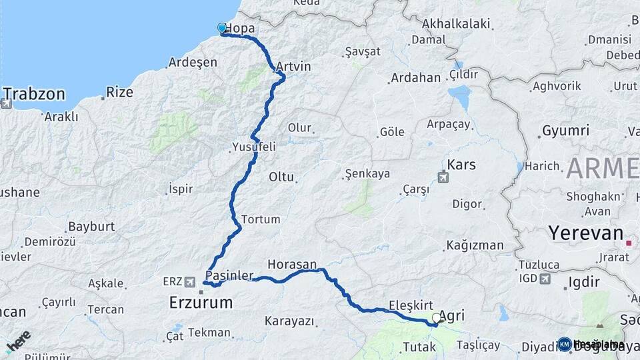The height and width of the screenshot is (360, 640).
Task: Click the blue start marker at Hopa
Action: (x=222, y=28)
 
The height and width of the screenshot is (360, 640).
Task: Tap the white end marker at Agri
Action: (x=436, y=319)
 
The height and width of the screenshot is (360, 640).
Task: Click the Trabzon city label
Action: (x=35, y=93)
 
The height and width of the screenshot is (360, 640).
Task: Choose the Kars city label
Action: (x=461, y=165)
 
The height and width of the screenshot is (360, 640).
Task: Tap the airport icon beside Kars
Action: (x=443, y=177)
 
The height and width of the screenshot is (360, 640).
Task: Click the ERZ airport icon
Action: (x=191, y=281)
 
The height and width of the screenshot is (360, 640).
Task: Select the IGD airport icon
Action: (x=546, y=278)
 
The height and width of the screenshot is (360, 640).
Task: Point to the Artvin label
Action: (x=293, y=67)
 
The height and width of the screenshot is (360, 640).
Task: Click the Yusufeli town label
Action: (x=253, y=146)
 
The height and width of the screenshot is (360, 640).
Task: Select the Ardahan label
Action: (x=415, y=78)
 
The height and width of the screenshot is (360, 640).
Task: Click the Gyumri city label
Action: (x=566, y=131)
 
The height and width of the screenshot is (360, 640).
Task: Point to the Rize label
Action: (x=120, y=93)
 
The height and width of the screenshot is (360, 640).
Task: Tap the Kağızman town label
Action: (x=475, y=245)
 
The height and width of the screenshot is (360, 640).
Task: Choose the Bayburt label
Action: (x=92, y=227)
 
